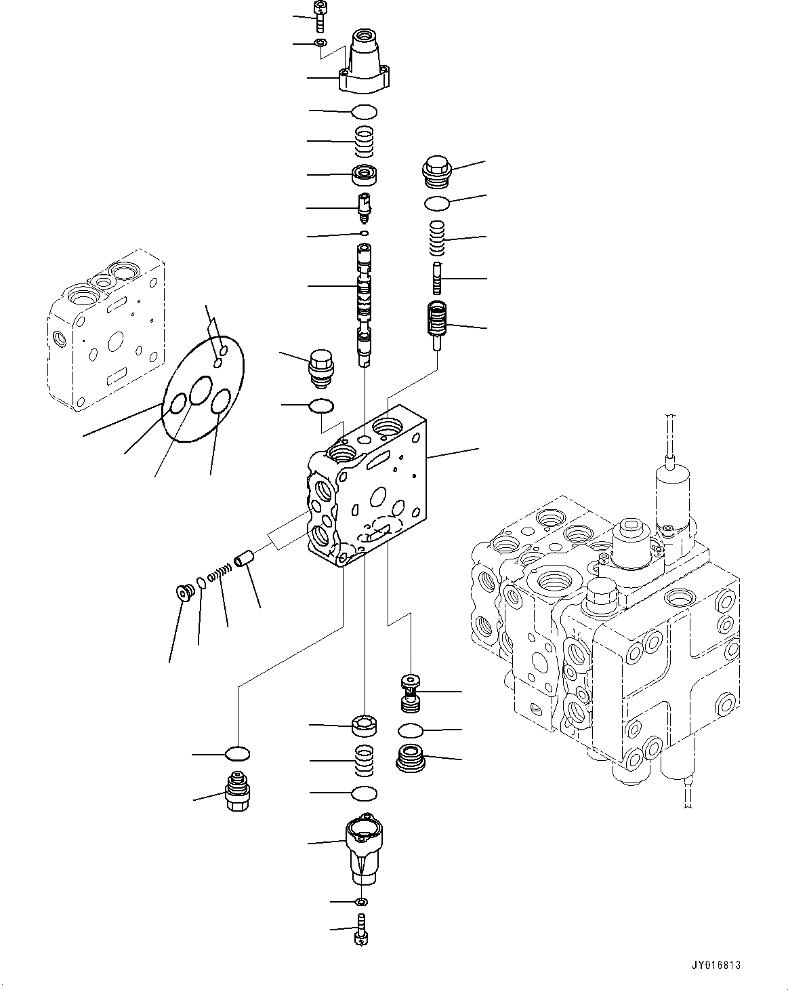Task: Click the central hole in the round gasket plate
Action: point(201,391)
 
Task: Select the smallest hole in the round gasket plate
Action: point(217,363)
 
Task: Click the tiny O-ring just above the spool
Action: point(365,234)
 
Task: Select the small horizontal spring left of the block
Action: point(220,573)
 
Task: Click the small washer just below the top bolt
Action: point(320,44)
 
